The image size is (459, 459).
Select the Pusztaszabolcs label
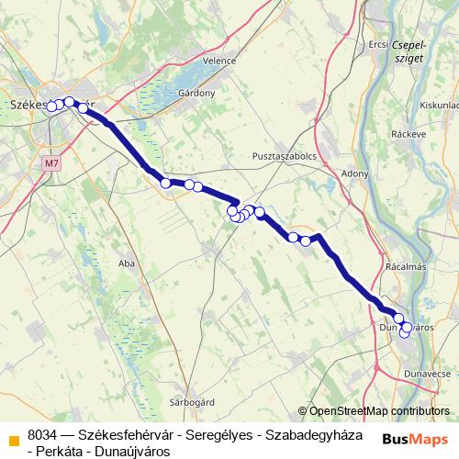pos(284,157)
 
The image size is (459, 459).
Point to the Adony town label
pos(354,173)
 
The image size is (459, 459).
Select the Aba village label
pos(127,263)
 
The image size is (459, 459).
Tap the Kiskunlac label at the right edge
pos(438,106)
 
